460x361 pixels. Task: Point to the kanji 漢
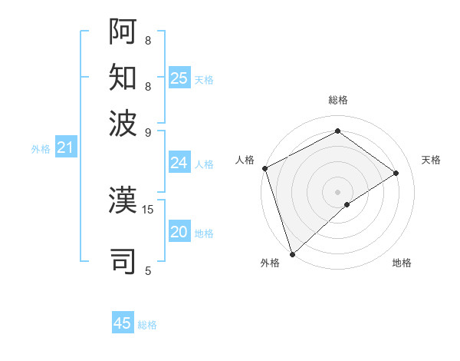click(123, 201)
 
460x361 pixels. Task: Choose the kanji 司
click(123, 260)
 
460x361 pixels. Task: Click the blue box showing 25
click(179, 78)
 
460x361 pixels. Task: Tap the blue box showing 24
click(179, 163)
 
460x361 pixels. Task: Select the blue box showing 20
click(179, 232)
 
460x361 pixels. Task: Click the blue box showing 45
click(123, 323)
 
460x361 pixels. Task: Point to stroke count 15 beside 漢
click(148, 208)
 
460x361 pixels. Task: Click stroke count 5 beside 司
click(148, 270)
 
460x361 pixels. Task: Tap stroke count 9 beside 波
click(148, 131)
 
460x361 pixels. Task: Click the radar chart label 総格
click(337, 100)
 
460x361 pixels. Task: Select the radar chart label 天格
click(431, 160)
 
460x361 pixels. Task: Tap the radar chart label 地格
click(402, 263)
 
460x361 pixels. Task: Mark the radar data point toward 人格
click(264, 168)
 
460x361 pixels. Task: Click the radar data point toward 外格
click(292, 253)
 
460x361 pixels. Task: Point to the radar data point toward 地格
click(347, 204)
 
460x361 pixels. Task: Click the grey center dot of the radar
click(337, 191)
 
